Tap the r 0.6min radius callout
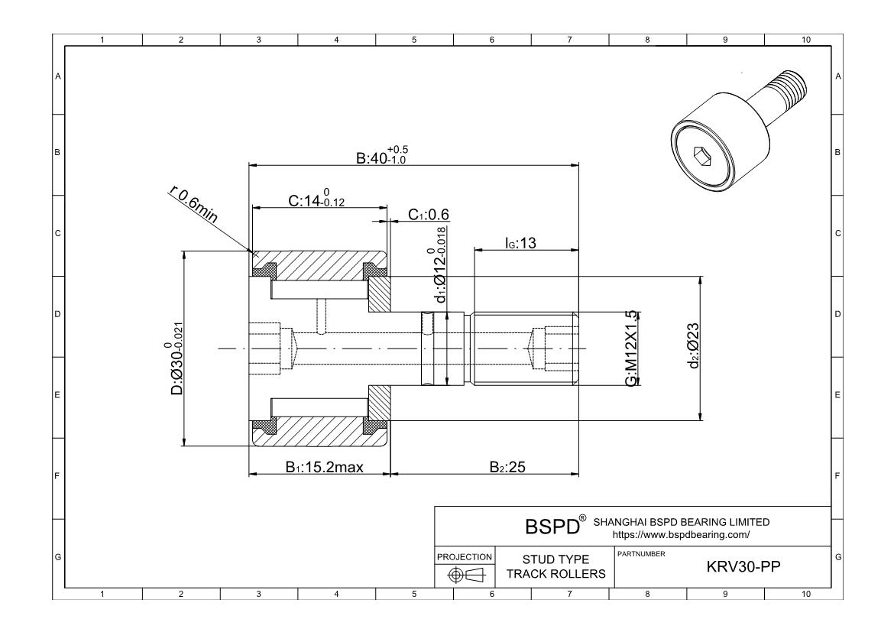click(193, 206)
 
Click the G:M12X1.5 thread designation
click(631, 348)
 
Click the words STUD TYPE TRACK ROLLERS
click(556, 567)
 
